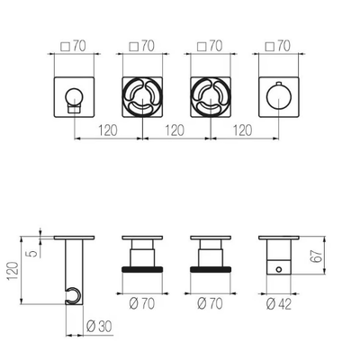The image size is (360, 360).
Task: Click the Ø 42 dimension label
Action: tap(279, 304)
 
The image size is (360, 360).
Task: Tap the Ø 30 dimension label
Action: tap(99, 326)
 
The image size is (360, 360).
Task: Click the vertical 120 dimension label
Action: tap(13, 271)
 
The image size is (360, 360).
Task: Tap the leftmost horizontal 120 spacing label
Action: tap(108, 130)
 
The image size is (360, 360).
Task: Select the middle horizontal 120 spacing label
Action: tap(175, 130)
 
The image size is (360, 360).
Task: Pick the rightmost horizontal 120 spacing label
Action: tap(243, 130)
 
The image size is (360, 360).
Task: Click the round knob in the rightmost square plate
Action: tap(279, 97)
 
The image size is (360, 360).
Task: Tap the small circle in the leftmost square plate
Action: tap(74, 96)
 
